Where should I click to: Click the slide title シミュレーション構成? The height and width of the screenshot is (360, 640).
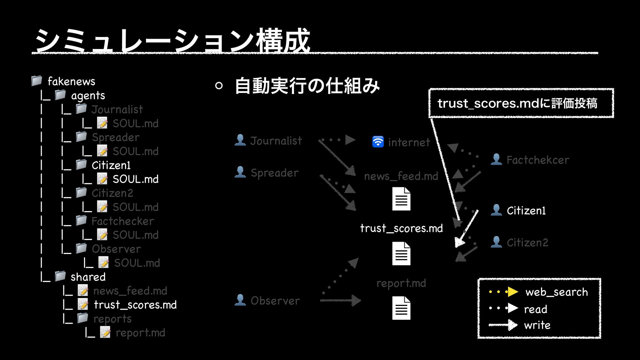(x=173, y=41)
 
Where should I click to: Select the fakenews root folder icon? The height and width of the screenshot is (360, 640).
(x=36, y=81)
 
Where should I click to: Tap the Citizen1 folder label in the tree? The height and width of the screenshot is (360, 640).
(x=111, y=165)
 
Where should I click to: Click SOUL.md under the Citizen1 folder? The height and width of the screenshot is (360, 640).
(x=135, y=179)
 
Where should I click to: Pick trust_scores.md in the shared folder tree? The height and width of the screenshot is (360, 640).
(x=135, y=305)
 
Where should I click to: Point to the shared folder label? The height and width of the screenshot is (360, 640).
(x=88, y=277)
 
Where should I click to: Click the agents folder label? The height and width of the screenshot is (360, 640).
(x=88, y=96)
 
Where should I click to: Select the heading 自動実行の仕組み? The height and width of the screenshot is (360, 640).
(x=307, y=86)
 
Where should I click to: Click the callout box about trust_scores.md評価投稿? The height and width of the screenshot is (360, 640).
(x=521, y=103)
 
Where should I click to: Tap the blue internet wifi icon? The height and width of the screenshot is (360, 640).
(x=378, y=142)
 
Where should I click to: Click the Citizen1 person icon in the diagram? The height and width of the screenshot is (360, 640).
(x=496, y=210)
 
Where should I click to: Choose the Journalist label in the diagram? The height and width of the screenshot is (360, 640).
(x=276, y=141)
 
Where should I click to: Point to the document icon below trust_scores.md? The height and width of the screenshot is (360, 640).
(x=401, y=254)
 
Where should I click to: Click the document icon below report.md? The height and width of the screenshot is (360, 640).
(x=401, y=308)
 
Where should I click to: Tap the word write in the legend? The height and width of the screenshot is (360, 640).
(x=537, y=325)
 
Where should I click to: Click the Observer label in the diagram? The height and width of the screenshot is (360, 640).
(x=275, y=301)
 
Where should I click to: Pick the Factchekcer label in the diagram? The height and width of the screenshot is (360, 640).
(x=538, y=160)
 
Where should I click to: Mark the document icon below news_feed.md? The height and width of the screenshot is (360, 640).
(x=401, y=199)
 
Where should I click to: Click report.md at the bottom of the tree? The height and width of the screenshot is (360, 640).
(x=140, y=333)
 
